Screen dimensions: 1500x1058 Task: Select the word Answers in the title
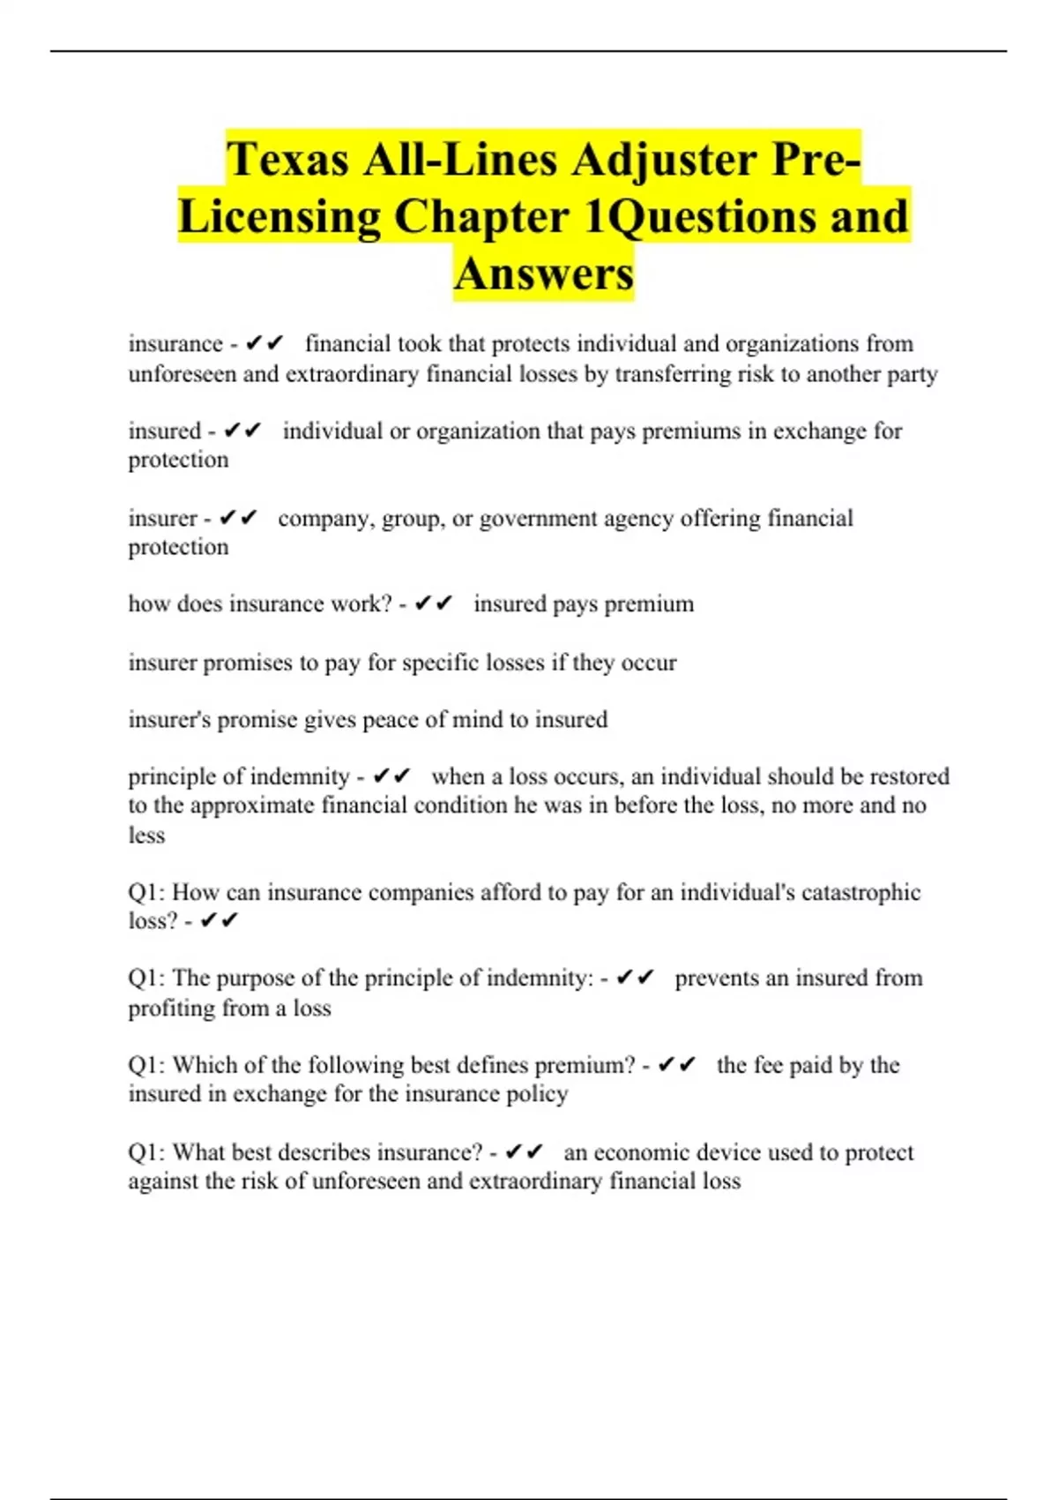tap(544, 273)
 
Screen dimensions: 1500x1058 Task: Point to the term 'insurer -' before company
tap(169, 518)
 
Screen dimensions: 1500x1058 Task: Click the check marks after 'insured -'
tap(242, 431)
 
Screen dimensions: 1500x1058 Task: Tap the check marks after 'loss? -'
tap(220, 920)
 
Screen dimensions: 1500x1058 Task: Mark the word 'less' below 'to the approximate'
tap(146, 835)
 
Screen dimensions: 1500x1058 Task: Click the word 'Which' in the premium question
tap(204, 1065)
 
